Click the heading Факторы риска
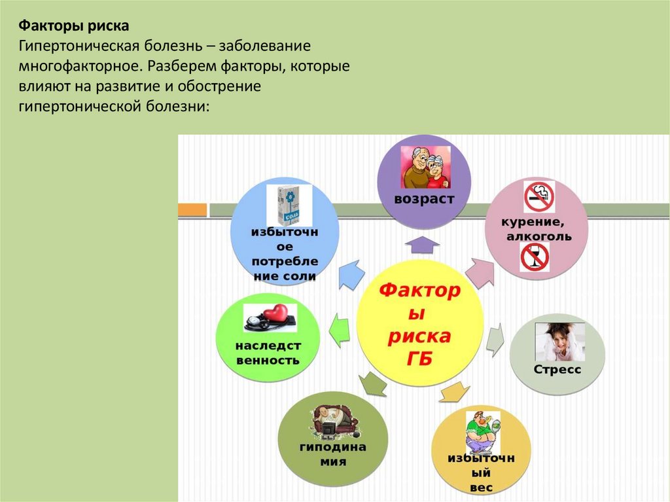[73, 26]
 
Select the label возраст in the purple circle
[424, 199]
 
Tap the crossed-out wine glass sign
[534, 257]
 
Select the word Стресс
[557, 370]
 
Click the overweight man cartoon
[482, 432]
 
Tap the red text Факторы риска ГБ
[419, 323]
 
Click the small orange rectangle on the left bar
[192, 209]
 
